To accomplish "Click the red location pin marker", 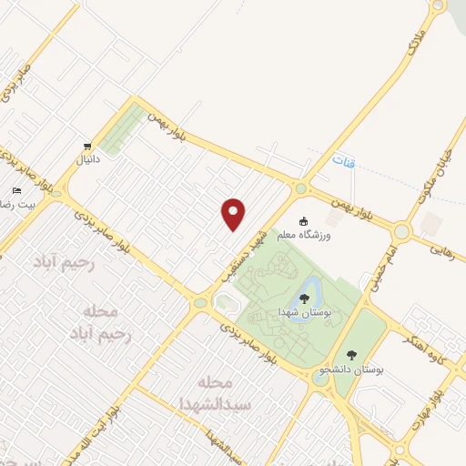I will [234, 213].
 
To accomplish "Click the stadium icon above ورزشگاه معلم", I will [304, 220].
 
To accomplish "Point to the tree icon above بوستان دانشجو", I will [351, 355].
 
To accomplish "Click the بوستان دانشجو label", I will [352, 371].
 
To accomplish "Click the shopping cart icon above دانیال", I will [86, 146].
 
